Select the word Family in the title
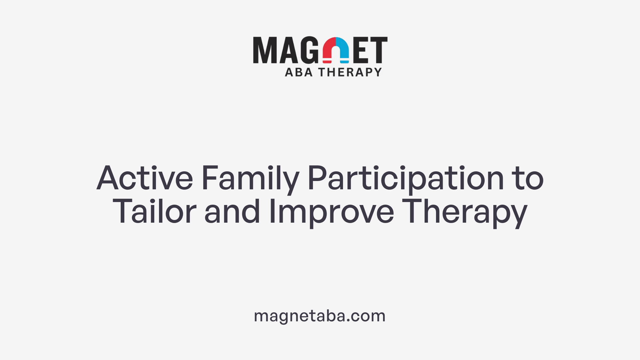(x=250, y=178)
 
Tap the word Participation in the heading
(x=405, y=178)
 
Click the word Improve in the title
(x=331, y=212)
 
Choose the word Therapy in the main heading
(x=465, y=212)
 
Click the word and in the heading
(x=232, y=212)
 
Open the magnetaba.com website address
(x=320, y=316)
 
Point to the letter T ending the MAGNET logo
(x=379, y=50)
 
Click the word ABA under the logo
(x=299, y=72)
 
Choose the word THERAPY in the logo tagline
(x=350, y=72)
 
